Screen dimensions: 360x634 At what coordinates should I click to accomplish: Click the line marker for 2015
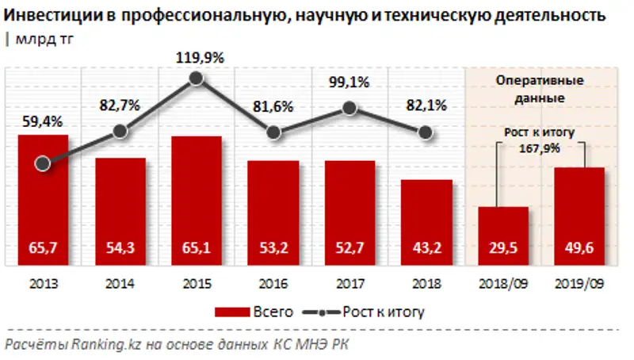point(197,79)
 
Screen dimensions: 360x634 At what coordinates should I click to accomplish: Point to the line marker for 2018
point(426,132)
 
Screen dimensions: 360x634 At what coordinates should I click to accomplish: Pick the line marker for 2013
point(44,163)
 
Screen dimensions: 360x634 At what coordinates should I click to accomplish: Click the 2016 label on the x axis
point(273,282)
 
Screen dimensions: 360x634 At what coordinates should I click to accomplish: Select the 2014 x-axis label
point(120,282)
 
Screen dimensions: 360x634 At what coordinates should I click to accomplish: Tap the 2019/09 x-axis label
point(580,282)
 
